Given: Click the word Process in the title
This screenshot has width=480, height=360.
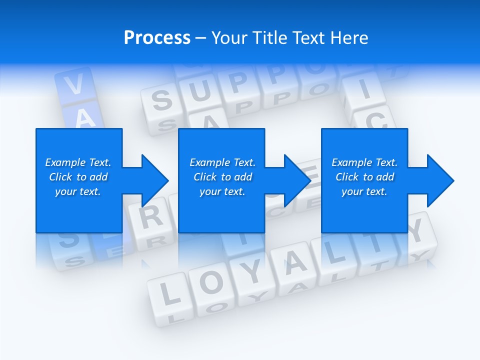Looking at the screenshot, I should (x=157, y=38).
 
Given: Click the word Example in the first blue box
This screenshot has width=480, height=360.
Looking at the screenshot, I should (x=65, y=162).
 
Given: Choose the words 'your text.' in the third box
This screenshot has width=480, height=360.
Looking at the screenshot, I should (x=364, y=191).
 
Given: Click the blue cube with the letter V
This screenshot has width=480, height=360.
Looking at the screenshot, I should (x=74, y=86).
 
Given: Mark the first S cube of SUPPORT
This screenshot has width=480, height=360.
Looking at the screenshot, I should (x=161, y=100).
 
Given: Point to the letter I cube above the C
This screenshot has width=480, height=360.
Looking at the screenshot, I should (x=363, y=91).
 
